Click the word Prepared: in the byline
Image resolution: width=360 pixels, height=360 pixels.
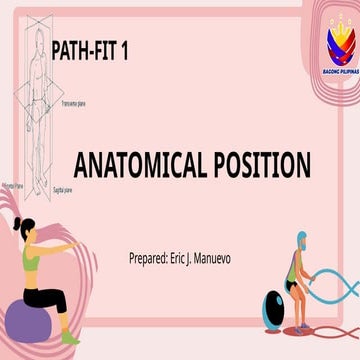[153, 259]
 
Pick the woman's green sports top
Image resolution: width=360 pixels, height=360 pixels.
[33, 262]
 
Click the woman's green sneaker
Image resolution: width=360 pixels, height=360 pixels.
[70, 335]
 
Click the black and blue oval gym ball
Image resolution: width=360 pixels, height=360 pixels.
[270, 304]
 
